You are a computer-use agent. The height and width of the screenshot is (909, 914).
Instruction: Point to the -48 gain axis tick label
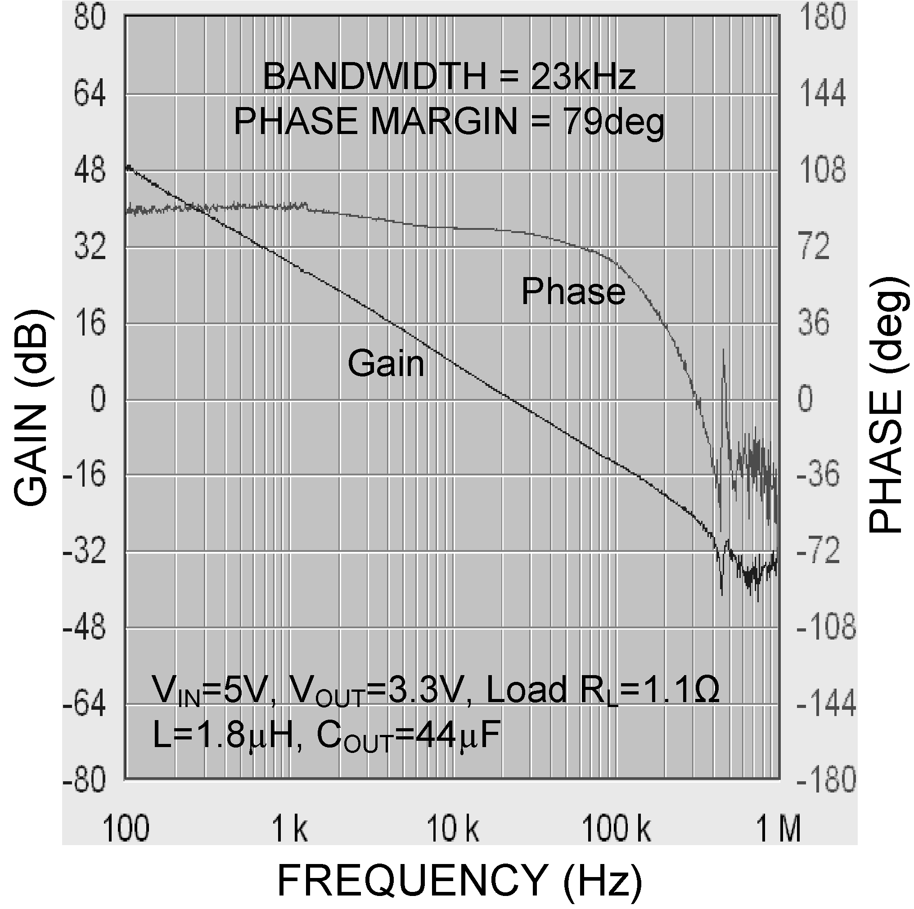85,628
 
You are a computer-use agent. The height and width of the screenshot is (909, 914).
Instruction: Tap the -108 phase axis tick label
826,628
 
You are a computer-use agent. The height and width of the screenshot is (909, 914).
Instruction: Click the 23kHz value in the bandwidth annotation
583,76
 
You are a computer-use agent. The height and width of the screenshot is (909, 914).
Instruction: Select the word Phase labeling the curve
573,291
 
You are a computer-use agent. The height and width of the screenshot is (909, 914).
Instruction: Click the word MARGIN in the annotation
444,121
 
